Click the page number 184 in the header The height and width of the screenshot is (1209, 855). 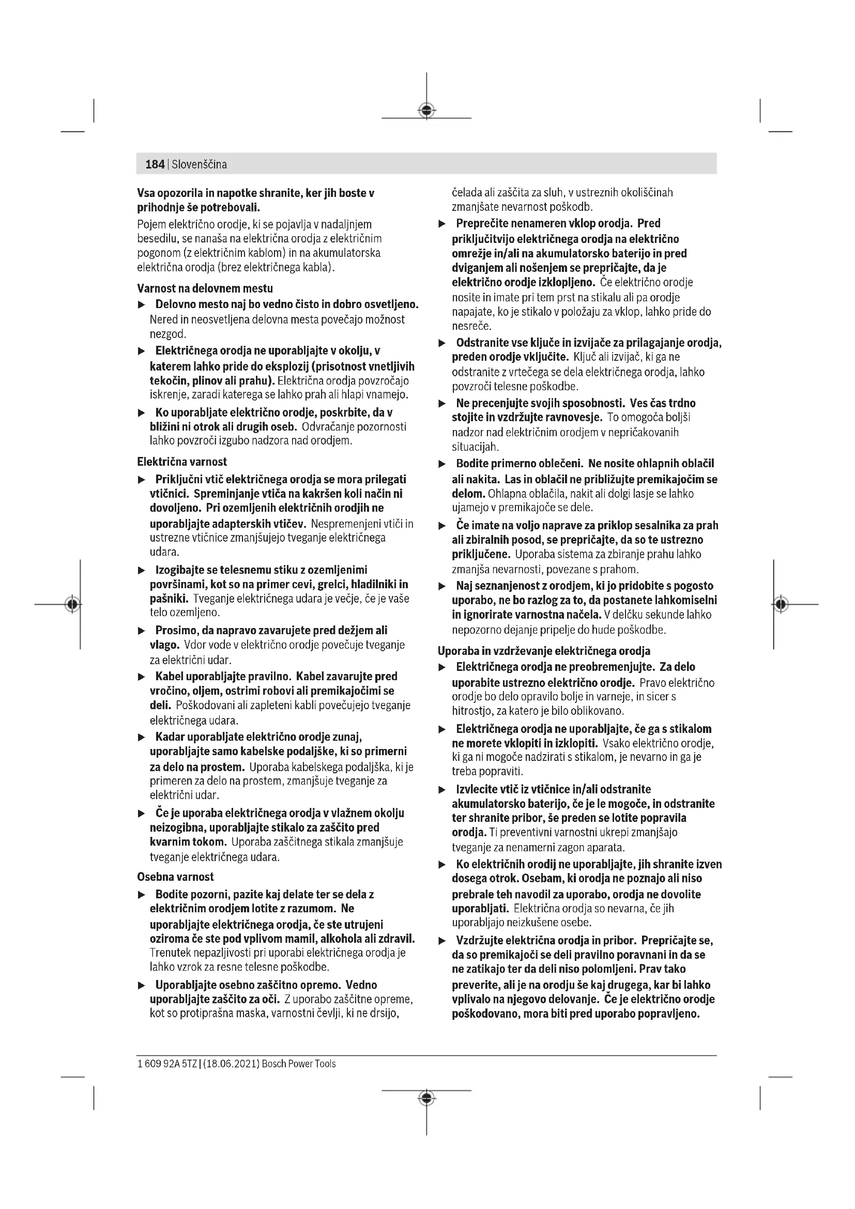[155, 164]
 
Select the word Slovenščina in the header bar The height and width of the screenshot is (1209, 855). [199, 164]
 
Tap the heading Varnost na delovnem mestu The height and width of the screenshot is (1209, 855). [205, 288]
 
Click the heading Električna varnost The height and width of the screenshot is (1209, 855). [181, 462]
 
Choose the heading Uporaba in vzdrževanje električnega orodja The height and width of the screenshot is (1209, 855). [544, 651]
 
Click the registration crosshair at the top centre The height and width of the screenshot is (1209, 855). [426, 111]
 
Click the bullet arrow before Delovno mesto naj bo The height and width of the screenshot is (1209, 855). [141, 305]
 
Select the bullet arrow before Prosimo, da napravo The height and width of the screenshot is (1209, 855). [141, 631]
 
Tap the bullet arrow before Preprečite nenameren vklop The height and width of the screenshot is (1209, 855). [442, 224]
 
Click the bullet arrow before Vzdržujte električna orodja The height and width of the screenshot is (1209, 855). [442, 941]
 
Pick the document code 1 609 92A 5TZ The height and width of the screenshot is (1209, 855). [167, 1064]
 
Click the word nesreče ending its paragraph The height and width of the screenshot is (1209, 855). [471, 326]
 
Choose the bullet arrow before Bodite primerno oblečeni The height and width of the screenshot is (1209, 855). [442, 465]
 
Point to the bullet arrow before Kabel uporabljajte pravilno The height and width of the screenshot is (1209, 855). [141, 677]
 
